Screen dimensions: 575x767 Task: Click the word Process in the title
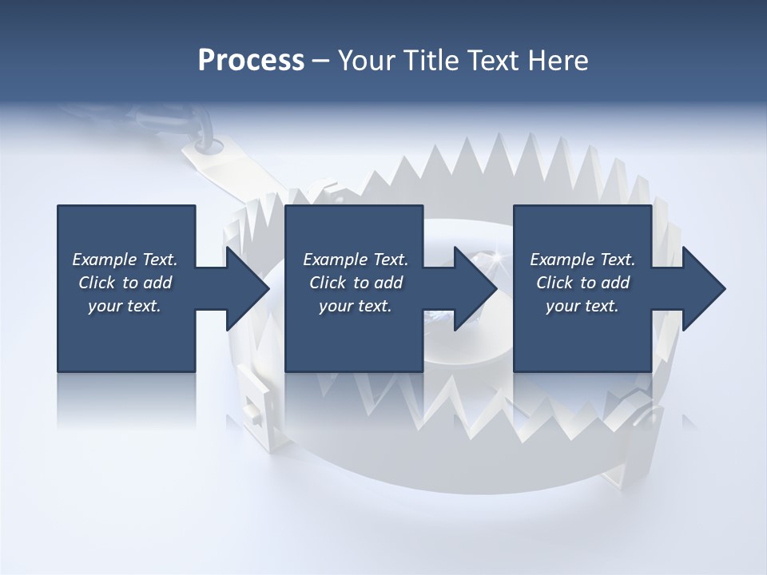pos(251,60)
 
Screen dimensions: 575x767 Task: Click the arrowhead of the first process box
pos(247,288)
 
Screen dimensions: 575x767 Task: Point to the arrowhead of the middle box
pos(475,288)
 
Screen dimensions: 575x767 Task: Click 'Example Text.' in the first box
pos(125,260)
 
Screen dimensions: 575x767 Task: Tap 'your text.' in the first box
pos(125,306)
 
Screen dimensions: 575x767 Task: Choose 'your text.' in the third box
pos(582,306)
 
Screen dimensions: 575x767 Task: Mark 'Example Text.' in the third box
pos(582,260)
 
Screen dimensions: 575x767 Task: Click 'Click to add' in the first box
pos(125,283)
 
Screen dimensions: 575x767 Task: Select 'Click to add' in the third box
pos(582,283)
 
